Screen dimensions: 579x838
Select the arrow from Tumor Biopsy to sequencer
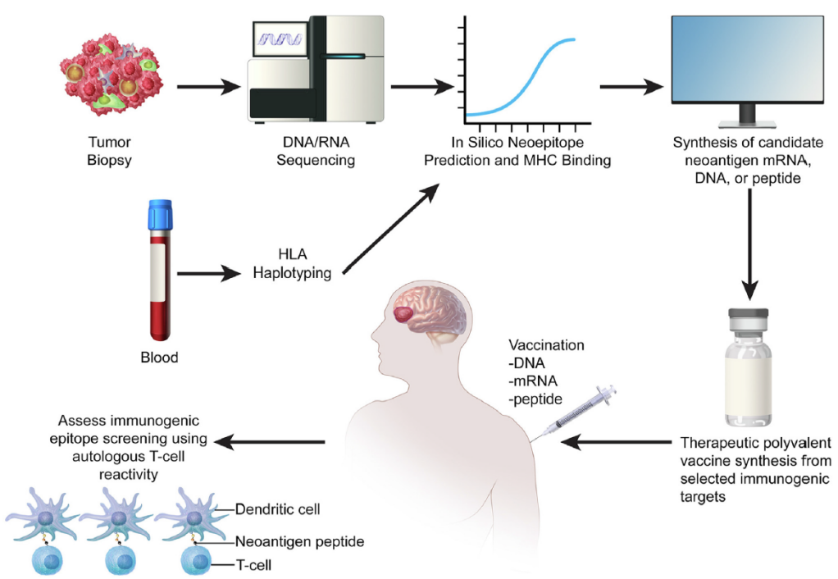point(206,85)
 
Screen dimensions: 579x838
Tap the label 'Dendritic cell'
point(277,509)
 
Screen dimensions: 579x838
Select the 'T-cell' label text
point(256,566)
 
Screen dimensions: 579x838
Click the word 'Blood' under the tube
point(157,358)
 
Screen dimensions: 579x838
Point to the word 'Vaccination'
point(546,345)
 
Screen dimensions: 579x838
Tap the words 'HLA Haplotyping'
point(293,264)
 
